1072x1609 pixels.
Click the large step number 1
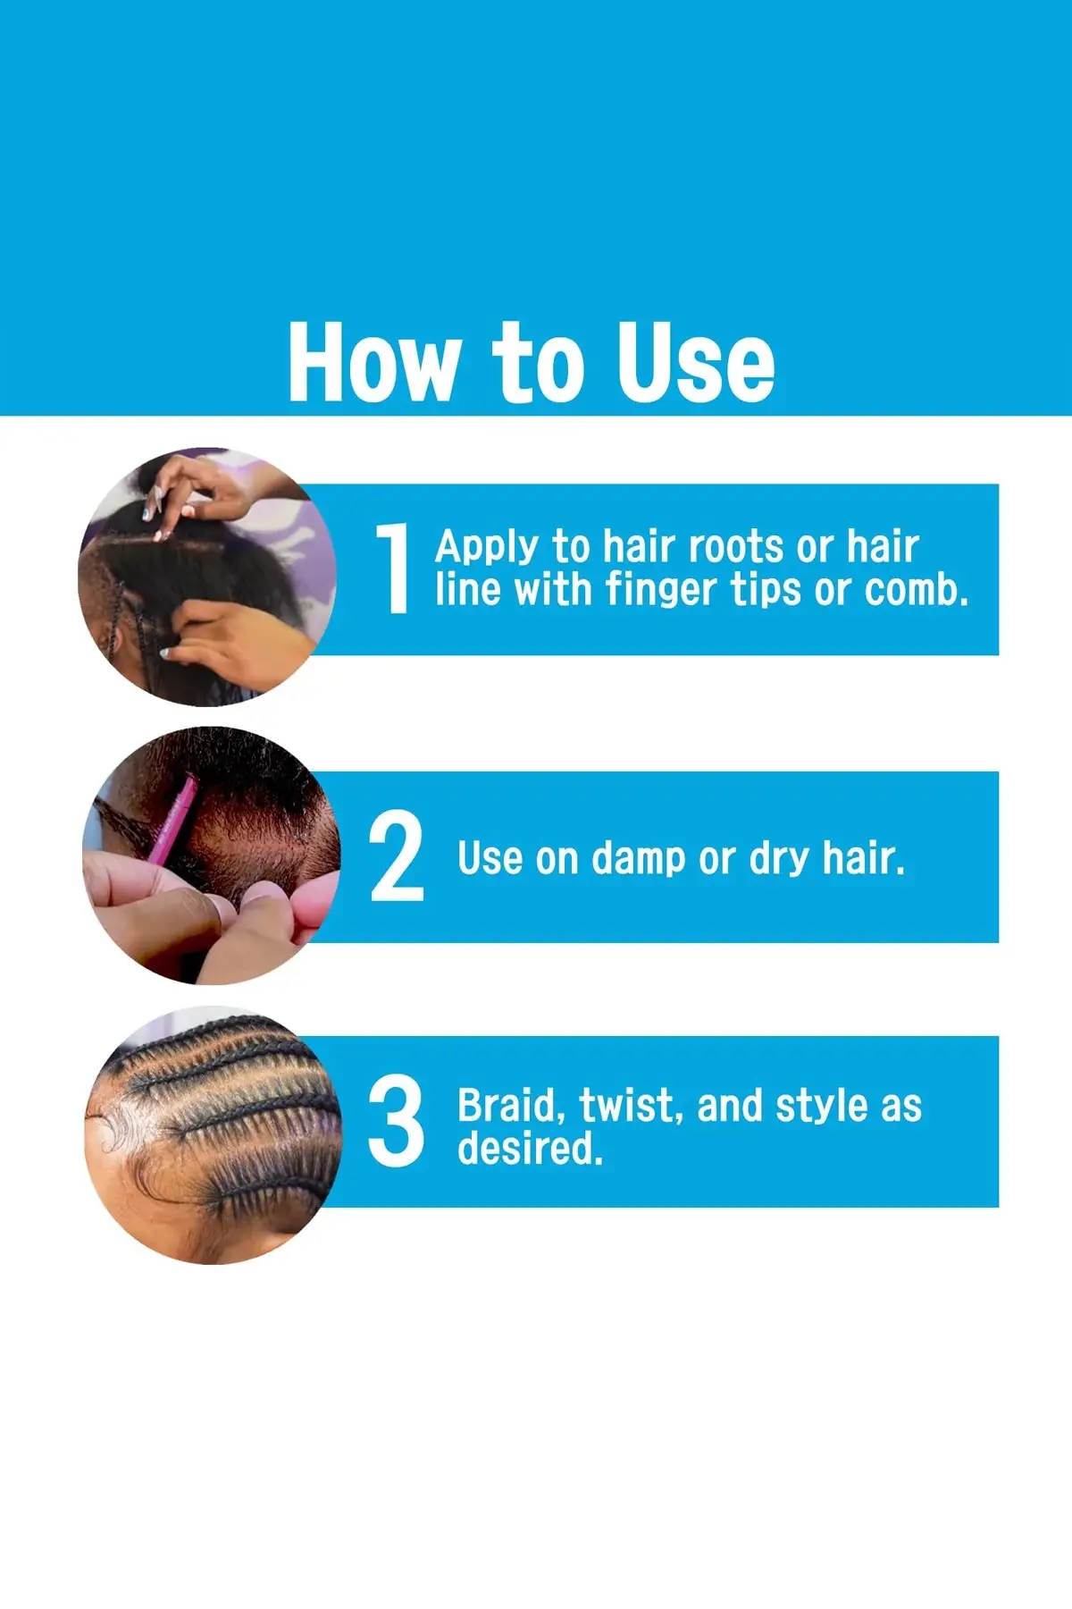[x=393, y=569]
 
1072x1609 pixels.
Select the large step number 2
[x=397, y=855]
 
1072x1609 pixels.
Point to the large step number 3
[x=397, y=1120]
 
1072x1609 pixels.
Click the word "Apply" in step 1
[x=487, y=547]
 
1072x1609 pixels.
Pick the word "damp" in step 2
[x=640, y=858]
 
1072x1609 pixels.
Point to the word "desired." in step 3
[x=531, y=1148]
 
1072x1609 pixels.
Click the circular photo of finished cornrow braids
[x=213, y=1135]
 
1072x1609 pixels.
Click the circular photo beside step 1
[x=207, y=577]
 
